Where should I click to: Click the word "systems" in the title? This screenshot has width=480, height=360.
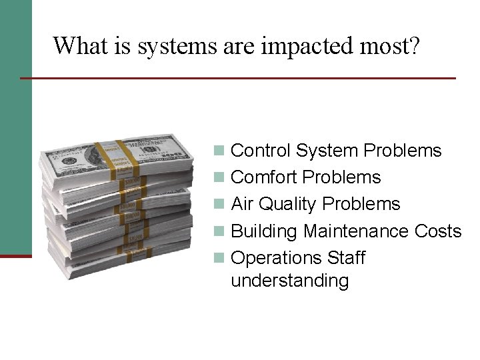[x=177, y=47]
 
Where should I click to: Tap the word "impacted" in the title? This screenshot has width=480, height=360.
[x=304, y=47]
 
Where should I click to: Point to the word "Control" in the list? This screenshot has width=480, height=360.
[x=261, y=151]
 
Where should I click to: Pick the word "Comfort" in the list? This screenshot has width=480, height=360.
[x=263, y=177]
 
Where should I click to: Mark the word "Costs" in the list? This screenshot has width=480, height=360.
[x=438, y=231]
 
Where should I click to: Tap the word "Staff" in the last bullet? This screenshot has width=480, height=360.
[x=347, y=257]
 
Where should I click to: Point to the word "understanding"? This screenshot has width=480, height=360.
[x=289, y=281]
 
